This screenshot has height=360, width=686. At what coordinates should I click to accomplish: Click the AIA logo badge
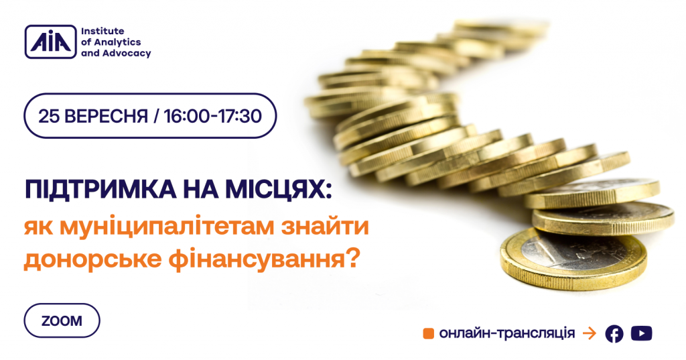pos(50,42)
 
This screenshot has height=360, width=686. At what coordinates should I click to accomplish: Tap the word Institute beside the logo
pos(102,31)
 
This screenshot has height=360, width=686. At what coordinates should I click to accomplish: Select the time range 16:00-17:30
pos(212,116)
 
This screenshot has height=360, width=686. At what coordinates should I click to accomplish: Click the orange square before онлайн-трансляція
pos(428,334)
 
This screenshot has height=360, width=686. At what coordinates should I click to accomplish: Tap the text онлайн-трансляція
pos(507,333)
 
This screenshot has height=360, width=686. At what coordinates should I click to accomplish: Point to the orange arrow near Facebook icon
pos(590,334)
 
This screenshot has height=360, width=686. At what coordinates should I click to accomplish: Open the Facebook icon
pos(614,334)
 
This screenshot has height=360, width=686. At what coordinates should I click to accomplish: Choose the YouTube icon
pos(641,333)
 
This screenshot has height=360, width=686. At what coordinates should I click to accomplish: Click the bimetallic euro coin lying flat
pos(573,259)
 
